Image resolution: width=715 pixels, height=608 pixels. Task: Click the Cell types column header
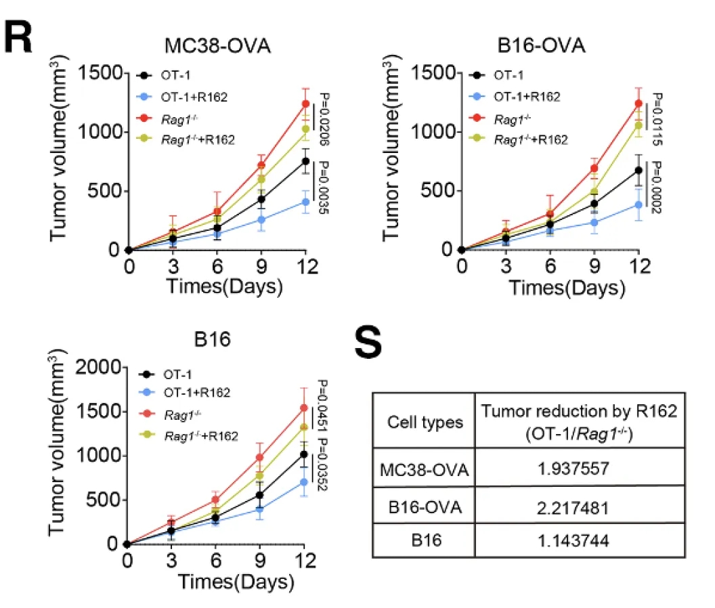click(425, 422)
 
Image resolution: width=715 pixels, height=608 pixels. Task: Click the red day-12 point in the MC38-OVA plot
click(305, 104)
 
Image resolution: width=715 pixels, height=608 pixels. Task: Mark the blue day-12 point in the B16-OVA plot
click(638, 204)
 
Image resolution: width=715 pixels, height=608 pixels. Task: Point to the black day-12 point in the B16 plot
click(303, 454)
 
